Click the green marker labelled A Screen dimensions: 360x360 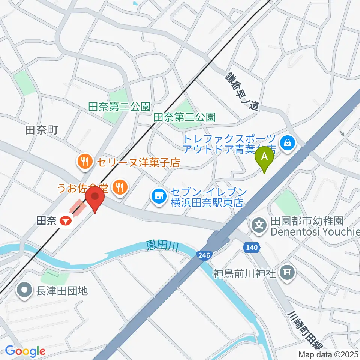pyautogui.click(x=264, y=157)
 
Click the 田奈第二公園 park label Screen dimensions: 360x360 pyautogui.click(x=119, y=107)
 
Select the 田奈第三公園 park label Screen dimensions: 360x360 pyautogui.click(x=184, y=117)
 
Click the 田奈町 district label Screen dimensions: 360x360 pyautogui.click(x=41, y=130)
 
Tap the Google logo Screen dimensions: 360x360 pyautogui.click(x=25, y=351)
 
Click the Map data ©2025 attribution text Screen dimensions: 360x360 pyautogui.click(x=328, y=354)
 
